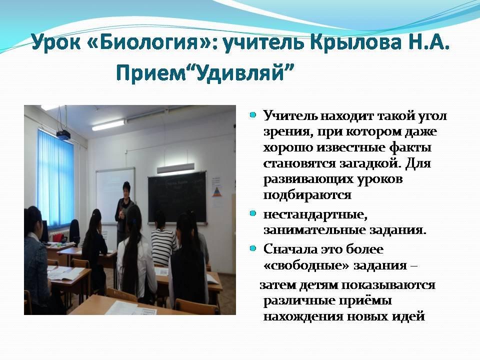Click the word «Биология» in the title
pyautogui.click(x=149, y=42)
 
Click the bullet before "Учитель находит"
pyautogui.click(x=252, y=115)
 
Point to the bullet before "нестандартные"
pyautogui.click(x=252, y=213)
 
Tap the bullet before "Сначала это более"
pyautogui.click(x=252, y=248)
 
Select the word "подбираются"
pyautogui.click(x=307, y=195)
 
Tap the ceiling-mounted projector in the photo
pyautogui.click(x=63, y=135)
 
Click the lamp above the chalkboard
pyautogui.click(x=175, y=168)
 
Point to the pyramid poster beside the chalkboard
pyautogui.click(x=216, y=191)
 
